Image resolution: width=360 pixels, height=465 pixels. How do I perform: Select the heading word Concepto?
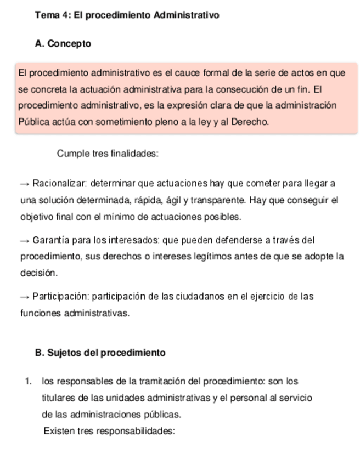click(69, 44)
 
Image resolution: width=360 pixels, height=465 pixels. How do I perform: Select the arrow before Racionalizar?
click(25, 184)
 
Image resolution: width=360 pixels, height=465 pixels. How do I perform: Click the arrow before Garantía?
click(25, 241)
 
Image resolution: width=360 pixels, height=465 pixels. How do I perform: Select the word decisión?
click(38, 273)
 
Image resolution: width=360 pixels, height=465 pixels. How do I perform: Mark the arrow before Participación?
click(25, 297)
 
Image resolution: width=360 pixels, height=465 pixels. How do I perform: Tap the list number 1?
click(27, 382)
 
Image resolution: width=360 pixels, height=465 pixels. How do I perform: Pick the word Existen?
click(59, 431)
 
